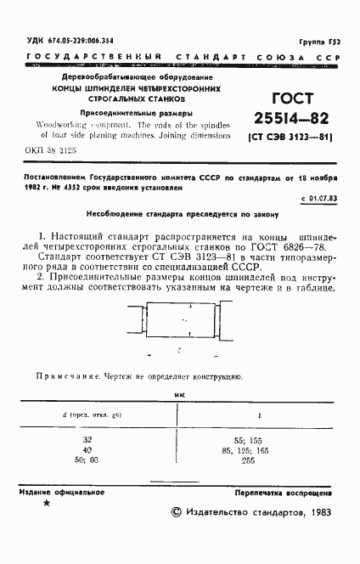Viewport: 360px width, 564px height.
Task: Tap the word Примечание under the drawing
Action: (69, 375)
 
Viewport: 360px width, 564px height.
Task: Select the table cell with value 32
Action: (87, 440)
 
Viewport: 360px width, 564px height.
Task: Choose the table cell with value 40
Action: (87, 449)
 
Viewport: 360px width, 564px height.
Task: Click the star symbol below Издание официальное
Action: (46, 505)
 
